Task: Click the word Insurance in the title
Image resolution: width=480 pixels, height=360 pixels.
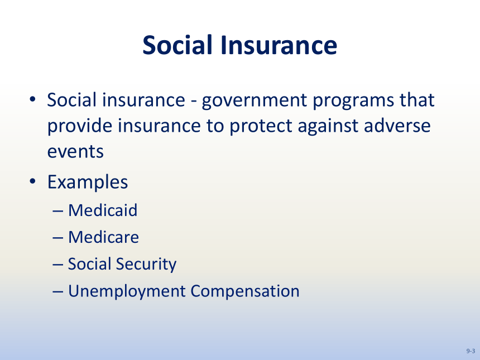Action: point(279,45)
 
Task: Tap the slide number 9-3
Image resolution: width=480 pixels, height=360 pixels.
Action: point(471,351)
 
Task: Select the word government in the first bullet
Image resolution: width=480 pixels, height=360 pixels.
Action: point(255,100)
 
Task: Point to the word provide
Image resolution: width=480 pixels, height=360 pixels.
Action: point(80,126)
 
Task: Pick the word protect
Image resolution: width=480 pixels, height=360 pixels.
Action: point(261,126)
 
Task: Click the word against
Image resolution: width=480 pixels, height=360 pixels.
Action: point(328,126)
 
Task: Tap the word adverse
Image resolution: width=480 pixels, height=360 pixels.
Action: point(397,126)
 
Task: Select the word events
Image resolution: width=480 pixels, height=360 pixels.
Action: point(75,152)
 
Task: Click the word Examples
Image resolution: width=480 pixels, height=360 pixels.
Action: point(88,183)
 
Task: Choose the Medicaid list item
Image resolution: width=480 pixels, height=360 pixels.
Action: point(103,210)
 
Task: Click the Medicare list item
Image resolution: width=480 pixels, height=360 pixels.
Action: point(103,237)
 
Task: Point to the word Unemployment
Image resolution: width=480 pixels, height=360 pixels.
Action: point(127,291)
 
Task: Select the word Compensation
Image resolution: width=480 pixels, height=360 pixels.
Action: point(245,291)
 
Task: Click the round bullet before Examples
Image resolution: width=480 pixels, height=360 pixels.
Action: point(32,181)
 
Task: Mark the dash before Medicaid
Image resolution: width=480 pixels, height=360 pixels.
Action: point(58,211)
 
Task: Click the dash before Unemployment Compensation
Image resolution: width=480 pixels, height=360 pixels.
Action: point(58,292)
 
